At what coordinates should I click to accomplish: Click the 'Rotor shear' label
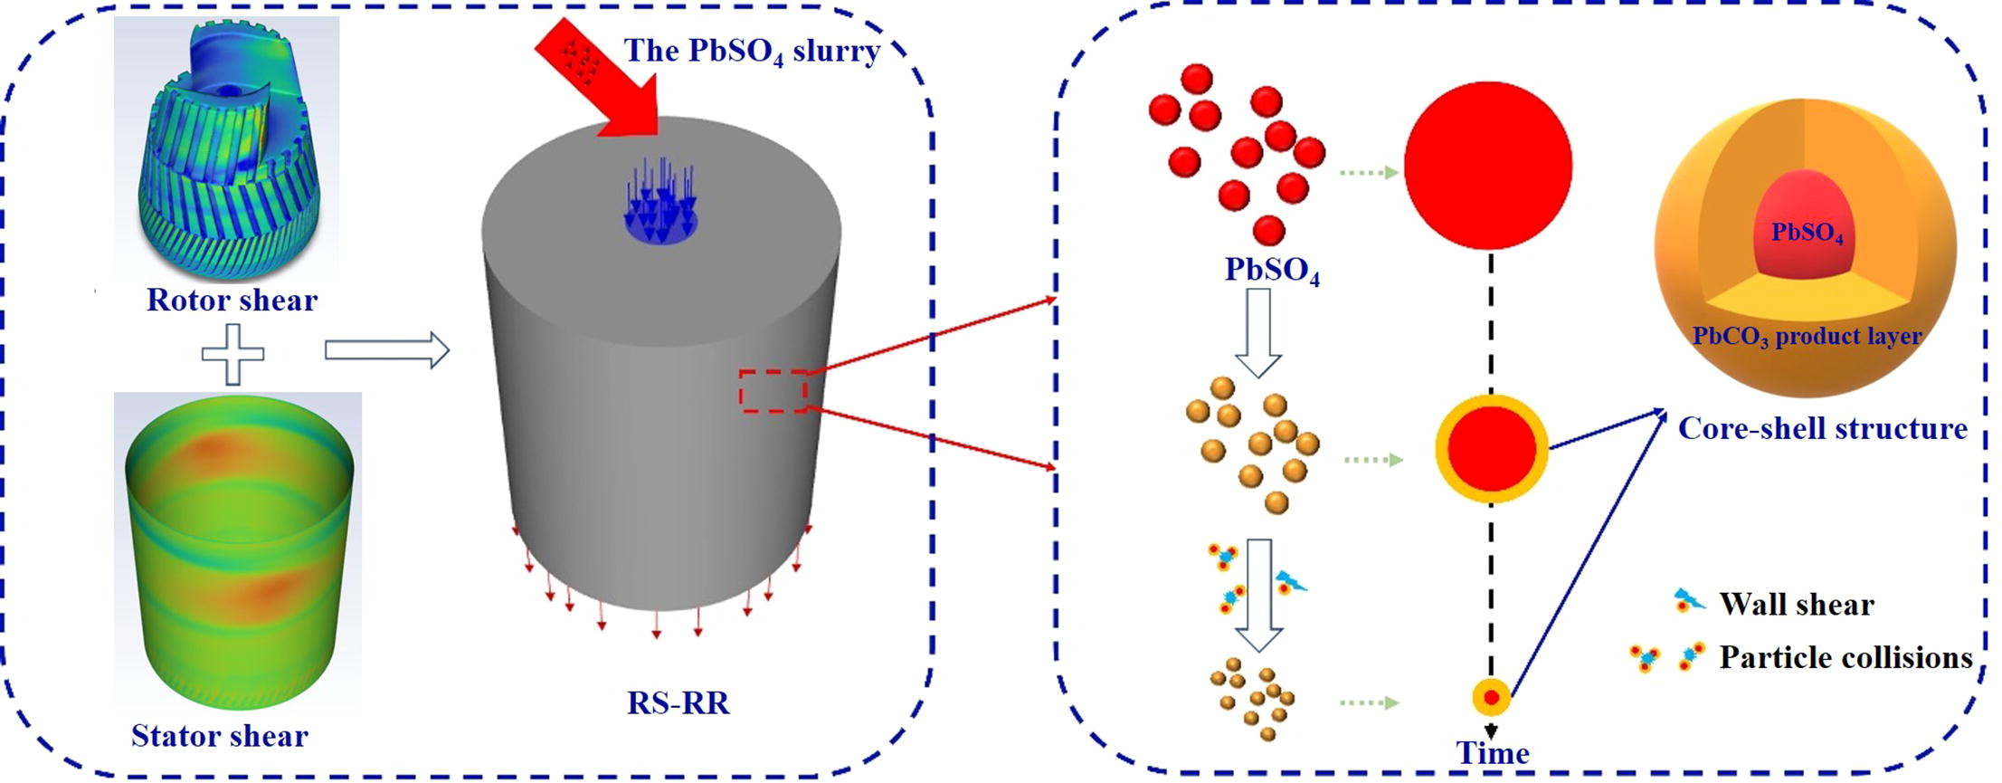pos(232,300)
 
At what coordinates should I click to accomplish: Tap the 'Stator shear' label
pos(219,735)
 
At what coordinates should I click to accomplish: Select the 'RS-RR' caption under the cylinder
pos(678,702)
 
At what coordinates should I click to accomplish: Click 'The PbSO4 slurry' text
pos(752,51)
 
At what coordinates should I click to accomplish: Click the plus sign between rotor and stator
pos(232,353)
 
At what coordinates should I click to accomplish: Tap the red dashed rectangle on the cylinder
pos(773,391)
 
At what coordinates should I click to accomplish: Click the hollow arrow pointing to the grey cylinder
pos(386,350)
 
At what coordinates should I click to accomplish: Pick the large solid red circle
pos(1488,166)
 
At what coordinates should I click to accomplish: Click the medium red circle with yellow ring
pos(1492,449)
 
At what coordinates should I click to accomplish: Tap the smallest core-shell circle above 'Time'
pos(1491,698)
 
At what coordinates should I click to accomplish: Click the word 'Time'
pos(1493,753)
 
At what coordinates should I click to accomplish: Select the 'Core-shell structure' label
pos(1822,428)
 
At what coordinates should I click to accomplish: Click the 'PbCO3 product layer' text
pos(1807,337)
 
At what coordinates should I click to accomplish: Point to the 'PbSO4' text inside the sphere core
pos(1807,234)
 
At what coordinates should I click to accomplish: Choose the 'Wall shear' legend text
pos(1797,604)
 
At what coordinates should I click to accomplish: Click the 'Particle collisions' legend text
pos(1845,657)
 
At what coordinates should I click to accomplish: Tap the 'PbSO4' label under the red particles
pos(1272,270)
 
